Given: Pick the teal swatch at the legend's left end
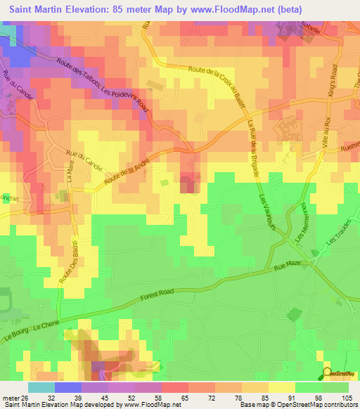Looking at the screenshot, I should tap(41, 387).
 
